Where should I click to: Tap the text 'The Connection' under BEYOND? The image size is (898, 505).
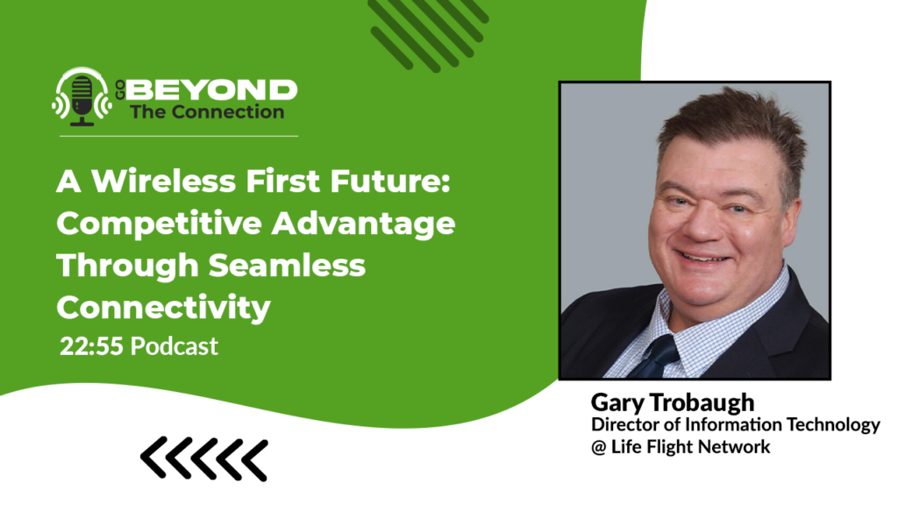coord(207,111)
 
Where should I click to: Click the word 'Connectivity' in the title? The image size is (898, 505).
coord(163,307)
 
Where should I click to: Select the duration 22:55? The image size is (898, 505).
coord(92,345)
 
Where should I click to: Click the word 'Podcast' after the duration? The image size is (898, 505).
coord(175,345)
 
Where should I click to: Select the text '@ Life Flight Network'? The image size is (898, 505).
coord(681,447)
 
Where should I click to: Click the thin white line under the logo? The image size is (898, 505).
coord(175,136)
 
